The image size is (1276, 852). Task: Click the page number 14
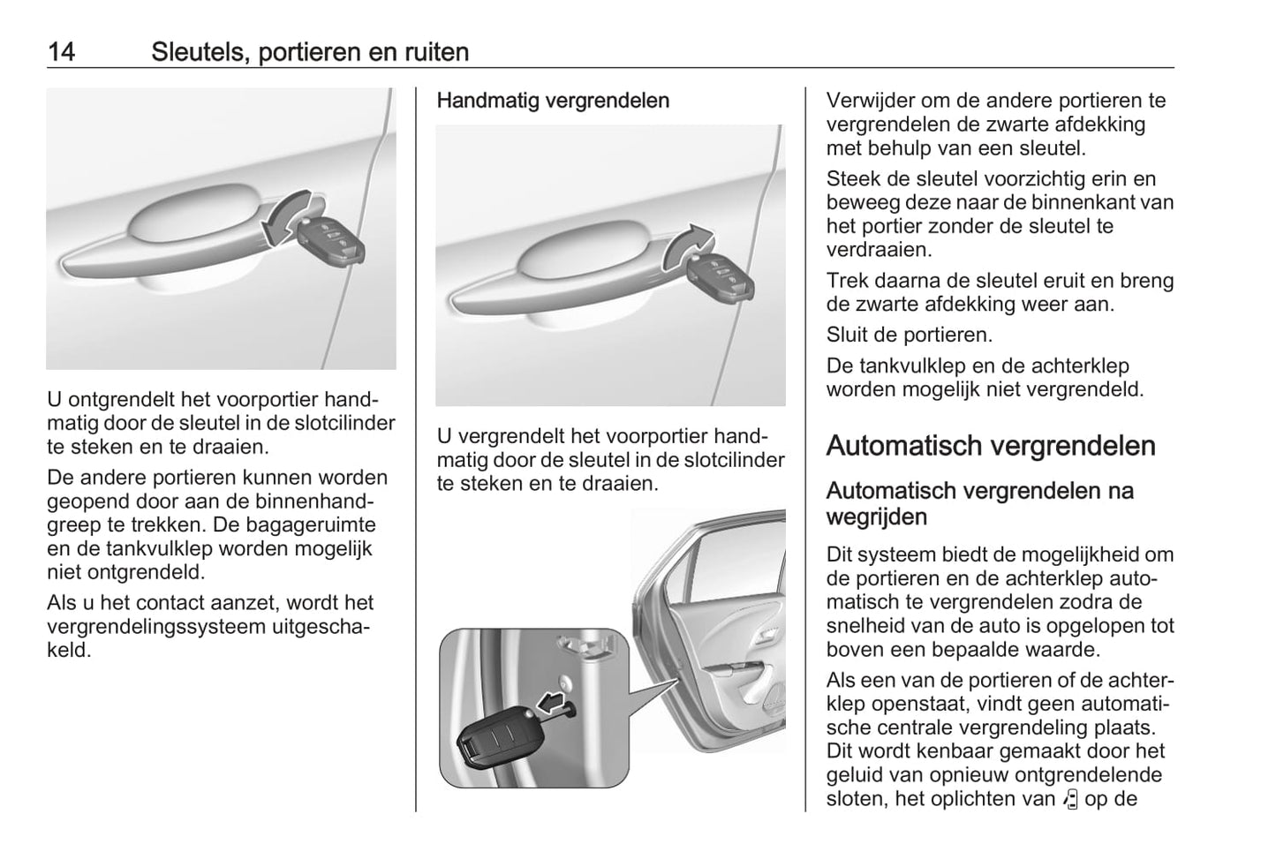point(61,52)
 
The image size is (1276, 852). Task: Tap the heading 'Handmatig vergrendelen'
point(553,101)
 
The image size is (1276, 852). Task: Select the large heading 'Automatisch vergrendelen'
point(990,446)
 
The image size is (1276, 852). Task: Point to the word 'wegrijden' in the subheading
point(876,516)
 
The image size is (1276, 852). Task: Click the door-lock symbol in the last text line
point(1071,799)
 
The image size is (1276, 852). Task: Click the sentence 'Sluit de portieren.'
point(909,336)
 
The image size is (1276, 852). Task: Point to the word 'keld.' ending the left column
point(69,651)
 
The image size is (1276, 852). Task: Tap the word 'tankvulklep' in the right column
point(899,366)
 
